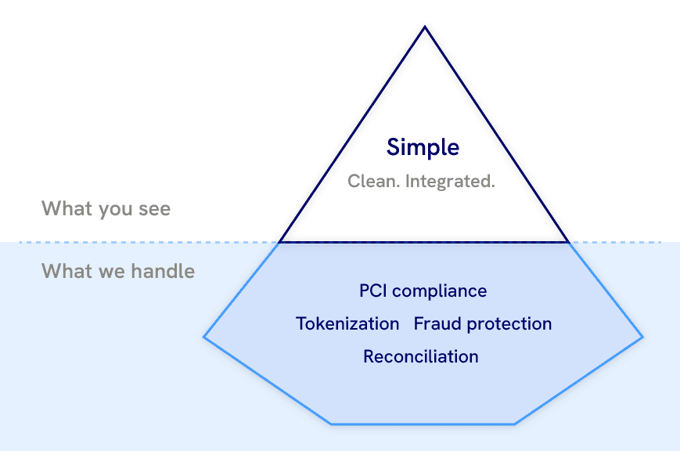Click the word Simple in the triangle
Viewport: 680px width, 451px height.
pyautogui.click(x=423, y=147)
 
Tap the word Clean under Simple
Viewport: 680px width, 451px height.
pyautogui.click(x=373, y=182)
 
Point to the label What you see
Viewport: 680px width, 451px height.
pyautogui.click(x=106, y=209)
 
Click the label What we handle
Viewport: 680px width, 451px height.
pyautogui.click(x=118, y=272)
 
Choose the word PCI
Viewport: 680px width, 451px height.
pyautogui.click(x=372, y=291)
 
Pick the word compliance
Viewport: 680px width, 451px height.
pyautogui.click(x=439, y=291)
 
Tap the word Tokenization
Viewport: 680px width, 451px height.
pyautogui.click(x=347, y=324)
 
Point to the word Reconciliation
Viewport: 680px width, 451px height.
pyautogui.click(x=421, y=357)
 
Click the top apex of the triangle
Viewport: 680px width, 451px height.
pyautogui.click(x=425, y=27)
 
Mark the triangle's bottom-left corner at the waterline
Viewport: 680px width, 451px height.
pyautogui.click(x=279, y=242)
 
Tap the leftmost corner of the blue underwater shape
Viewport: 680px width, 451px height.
pyautogui.click(x=204, y=337)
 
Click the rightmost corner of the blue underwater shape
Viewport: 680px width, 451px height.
pyautogui.click(x=643, y=337)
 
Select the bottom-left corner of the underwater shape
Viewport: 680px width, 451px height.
pyautogui.click(x=332, y=424)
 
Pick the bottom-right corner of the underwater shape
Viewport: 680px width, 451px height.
pyautogui.click(x=515, y=424)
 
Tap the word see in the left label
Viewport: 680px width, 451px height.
pyautogui.click(x=153, y=210)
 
